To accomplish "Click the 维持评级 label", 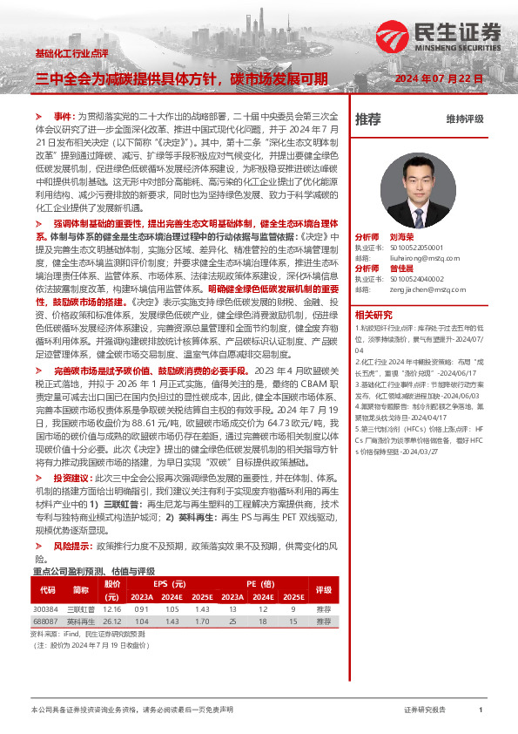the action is pyautogui.click(x=465, y=119).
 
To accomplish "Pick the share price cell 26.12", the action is pyautogui.click(x=112, y=622).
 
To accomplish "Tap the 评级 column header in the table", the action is pyautogui.click(x=324, y=589).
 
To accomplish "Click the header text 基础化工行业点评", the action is pyautogui.click(x=71, y=53).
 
